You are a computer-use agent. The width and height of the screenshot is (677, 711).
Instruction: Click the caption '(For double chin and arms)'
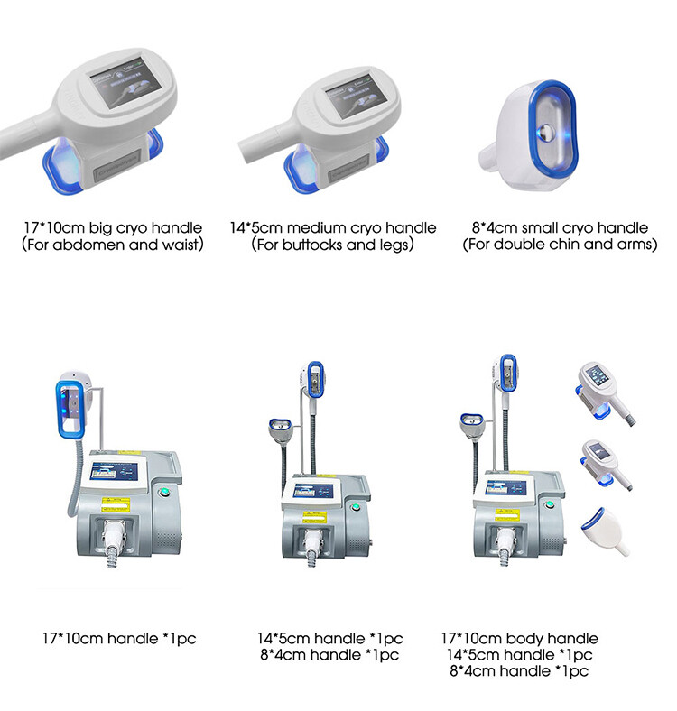click(x=560, y=245)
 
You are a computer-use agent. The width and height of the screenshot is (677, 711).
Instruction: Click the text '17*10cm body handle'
click(x=519, y=639)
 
